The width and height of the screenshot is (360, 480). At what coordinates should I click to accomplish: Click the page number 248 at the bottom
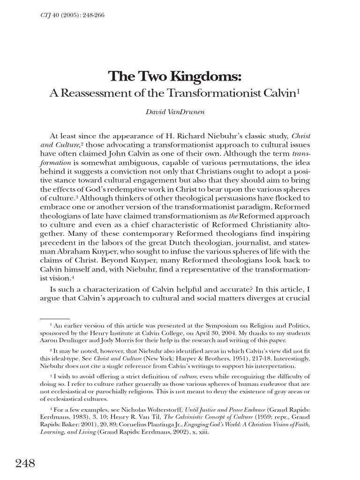point(25,464)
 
